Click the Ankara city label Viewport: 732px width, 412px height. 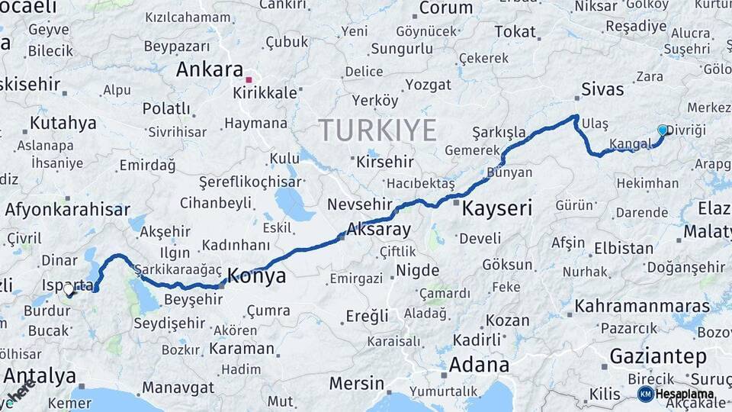coord(210,69)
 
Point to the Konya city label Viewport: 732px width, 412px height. coord(257,275)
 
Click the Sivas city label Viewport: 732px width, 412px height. coord(602,89)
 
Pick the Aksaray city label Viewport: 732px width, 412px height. coord(378,228)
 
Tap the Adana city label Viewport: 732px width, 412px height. coord(479,364)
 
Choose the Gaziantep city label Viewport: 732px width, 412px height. coord(658,356)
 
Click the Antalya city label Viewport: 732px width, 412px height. coord(40,375)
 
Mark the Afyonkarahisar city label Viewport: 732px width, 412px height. coord(67,209)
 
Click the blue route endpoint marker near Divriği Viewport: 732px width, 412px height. coord(662,130)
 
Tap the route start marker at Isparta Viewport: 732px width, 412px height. coord(69,289)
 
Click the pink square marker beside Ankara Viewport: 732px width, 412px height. coord(249,78)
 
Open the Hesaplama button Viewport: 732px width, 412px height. coord(677,394)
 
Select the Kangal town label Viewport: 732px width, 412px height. coord(628,144)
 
